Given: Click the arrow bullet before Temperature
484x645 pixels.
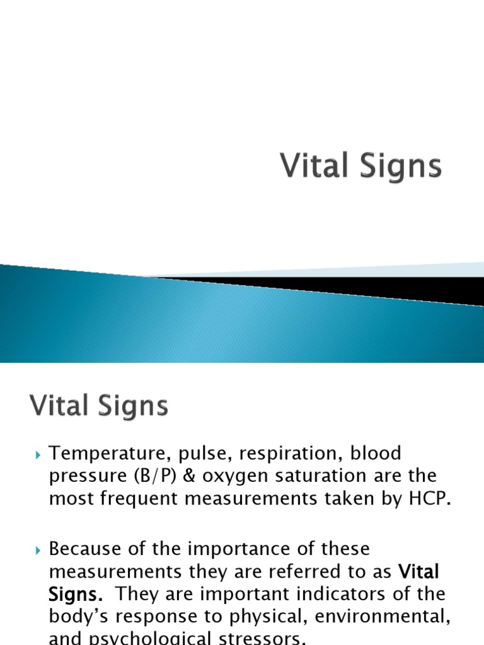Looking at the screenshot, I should click(x=37, y=454).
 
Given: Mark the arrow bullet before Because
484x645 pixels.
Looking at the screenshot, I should click(x=37, y=549).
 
